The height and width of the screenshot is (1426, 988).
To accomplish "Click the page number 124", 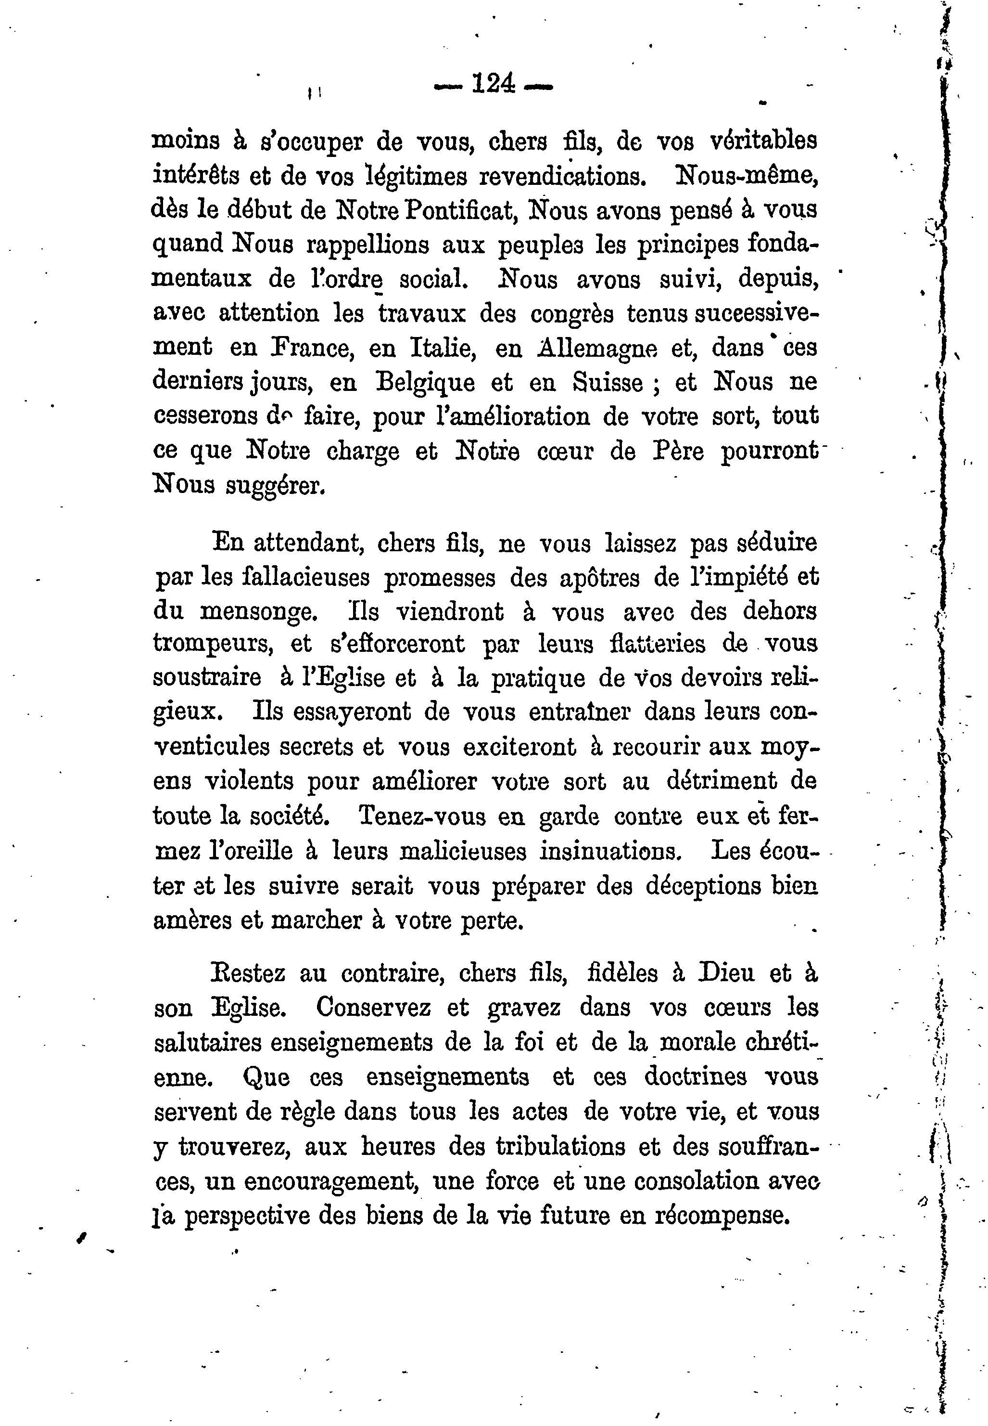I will [x=494, y=82].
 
